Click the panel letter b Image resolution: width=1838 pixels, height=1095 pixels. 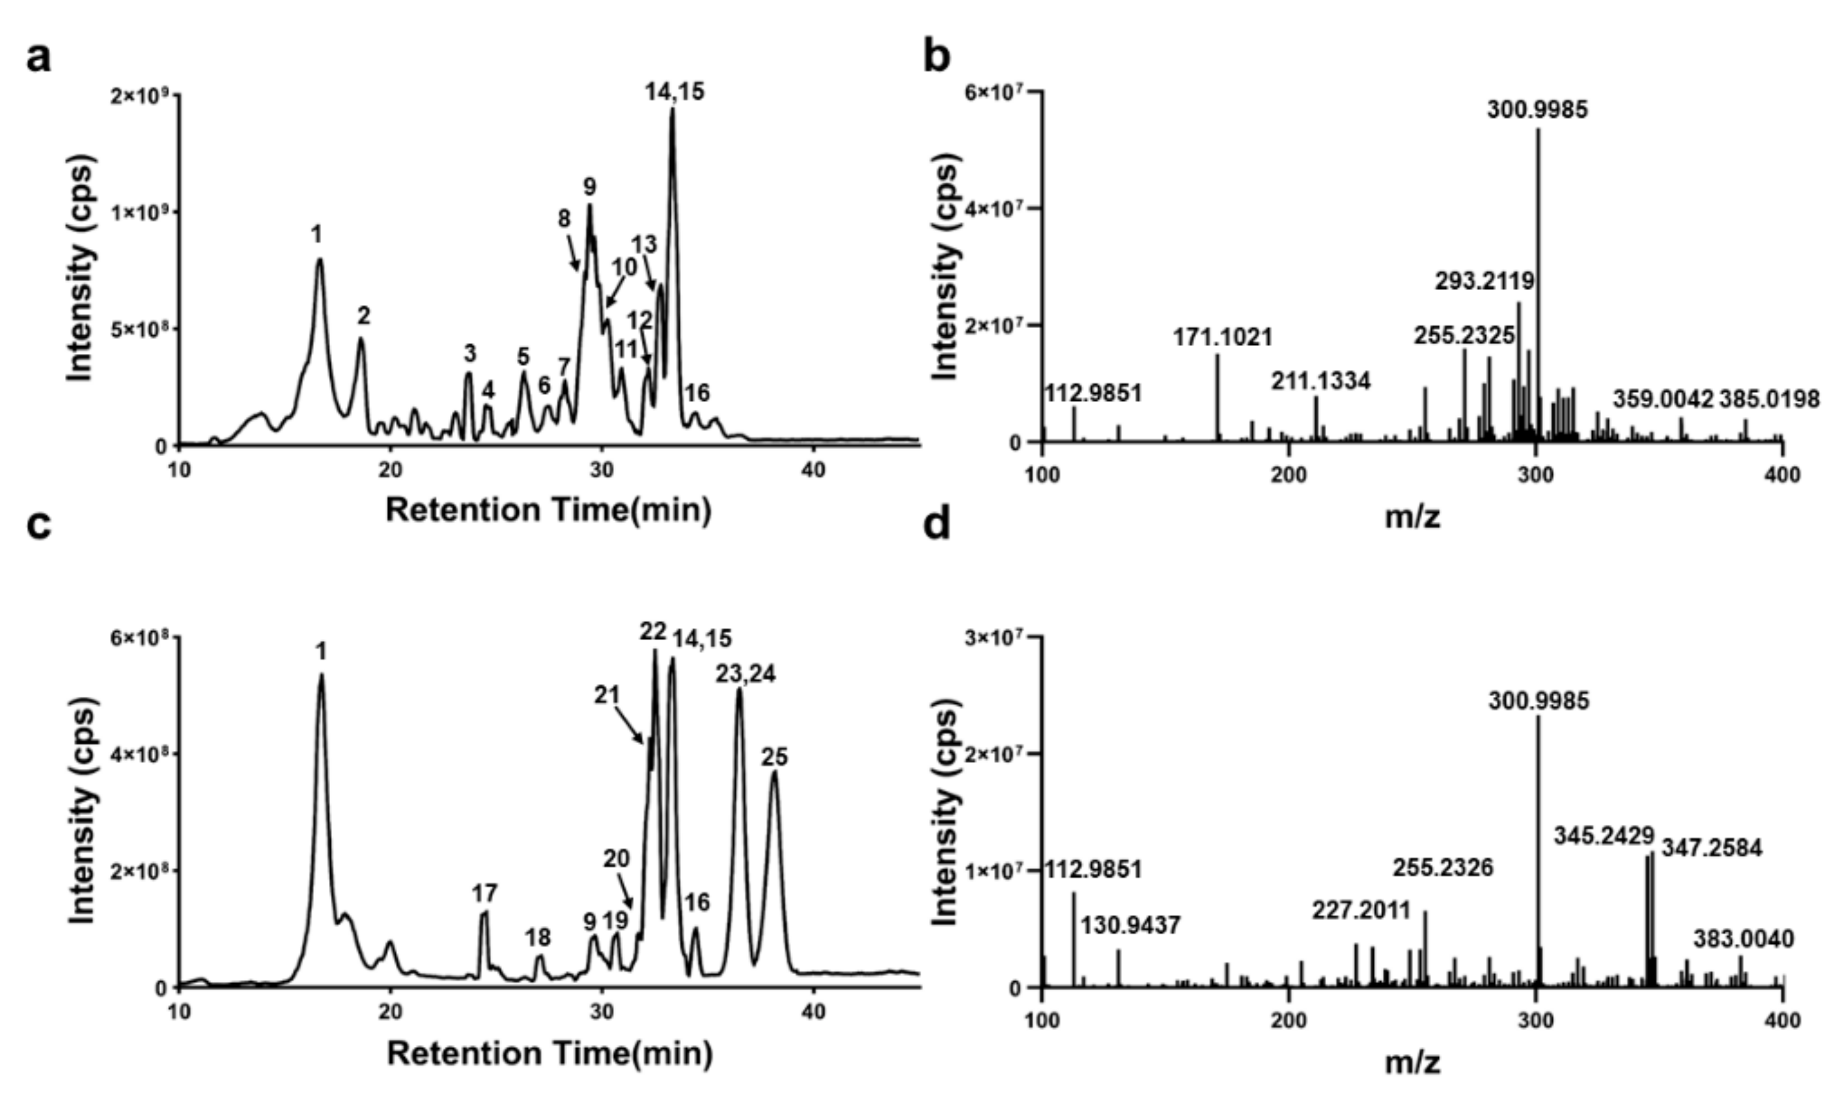click(x=938, y=57)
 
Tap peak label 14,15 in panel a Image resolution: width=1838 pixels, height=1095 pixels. click(x=674, y=92)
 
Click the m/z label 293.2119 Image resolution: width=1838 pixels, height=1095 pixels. click(x=1484, y=281)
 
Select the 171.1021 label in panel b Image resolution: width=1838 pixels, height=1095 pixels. click(x=1222, y=338)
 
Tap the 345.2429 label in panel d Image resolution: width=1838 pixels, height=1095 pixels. click(x=1603, y=836)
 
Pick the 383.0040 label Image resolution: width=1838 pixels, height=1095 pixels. click(x=1744, y=940)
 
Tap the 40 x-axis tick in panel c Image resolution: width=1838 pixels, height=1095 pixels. click(x=813, y=1010)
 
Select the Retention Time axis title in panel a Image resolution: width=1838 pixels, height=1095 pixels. click(x=548, y=510)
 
